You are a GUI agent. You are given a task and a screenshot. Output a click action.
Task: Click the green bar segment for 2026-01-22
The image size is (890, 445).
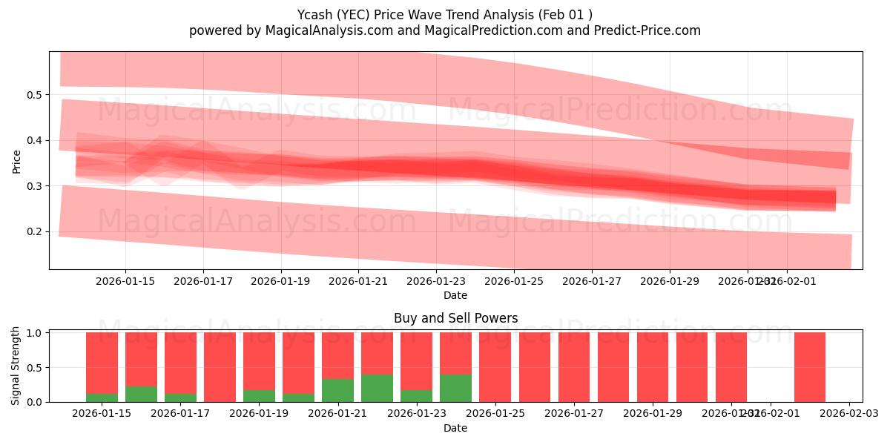(x=377, y=388)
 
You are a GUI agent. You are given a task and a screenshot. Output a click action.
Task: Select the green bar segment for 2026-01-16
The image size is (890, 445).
(x=141, y=394)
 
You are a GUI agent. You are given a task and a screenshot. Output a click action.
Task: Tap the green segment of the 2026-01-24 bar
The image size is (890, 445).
(x=455, y=388)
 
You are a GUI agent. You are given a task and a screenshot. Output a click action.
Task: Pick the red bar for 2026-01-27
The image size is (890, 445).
(x=573, y=367)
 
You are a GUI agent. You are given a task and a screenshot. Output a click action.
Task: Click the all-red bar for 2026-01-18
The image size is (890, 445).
(x=220, y=367)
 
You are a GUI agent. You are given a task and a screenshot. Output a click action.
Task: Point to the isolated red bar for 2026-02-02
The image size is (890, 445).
(x=809, y=367)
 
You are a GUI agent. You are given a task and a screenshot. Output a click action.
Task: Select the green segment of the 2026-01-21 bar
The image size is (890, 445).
(x=337, y=390)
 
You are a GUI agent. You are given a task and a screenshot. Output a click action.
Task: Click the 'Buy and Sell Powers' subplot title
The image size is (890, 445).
(x=455, y=318)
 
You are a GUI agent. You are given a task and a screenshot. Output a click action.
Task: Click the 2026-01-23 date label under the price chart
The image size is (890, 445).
(x=436, y=282)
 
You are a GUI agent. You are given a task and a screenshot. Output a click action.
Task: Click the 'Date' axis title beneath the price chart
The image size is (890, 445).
(x=455, y=295)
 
